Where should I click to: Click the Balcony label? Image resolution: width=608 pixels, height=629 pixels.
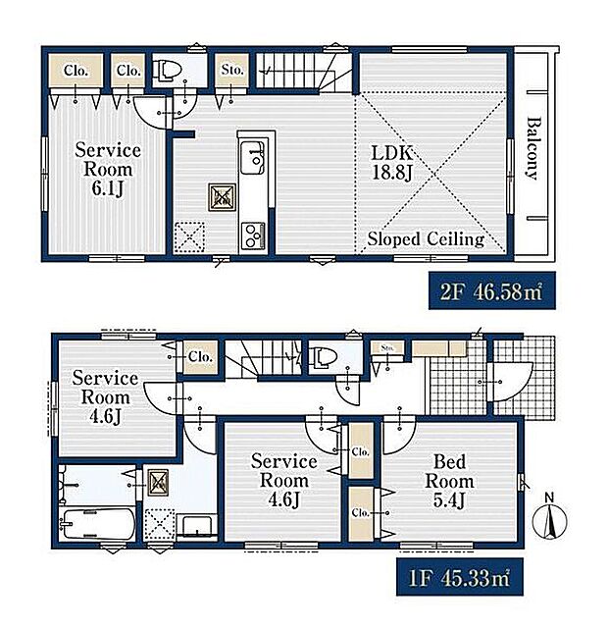click(x=532, y=148)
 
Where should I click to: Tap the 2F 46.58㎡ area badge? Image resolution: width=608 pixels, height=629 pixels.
click(x=491, y=290)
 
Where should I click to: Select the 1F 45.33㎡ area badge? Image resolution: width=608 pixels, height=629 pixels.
click(x=460, y=576)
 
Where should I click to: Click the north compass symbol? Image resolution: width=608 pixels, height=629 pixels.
click(x=549, y=519)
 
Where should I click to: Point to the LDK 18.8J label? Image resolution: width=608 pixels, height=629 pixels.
click(x=392, y=163)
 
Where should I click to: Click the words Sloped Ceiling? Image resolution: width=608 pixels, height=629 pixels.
click(x=426, y=239)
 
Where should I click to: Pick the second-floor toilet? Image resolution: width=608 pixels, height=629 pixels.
click(x=166, y=70)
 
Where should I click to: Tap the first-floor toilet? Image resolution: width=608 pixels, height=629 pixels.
click(x=322, y=356)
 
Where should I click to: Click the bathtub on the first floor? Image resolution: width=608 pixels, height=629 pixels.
click(x=97, y=524)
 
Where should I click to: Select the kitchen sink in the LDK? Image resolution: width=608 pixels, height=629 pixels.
click(x=252, y=157)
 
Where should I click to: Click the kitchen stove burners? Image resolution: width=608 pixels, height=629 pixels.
click(x=253, y=236)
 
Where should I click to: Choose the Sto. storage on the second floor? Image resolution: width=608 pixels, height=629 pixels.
click(x=232, y=71)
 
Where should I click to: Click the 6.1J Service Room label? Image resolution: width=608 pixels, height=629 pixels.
click(x=108, y=170)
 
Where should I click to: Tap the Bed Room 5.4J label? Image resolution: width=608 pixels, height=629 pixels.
click(x=449, y=481)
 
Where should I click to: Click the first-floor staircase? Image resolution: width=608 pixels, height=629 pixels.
click(x=263, y=358)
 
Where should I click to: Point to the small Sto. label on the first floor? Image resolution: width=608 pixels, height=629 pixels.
click(x=387, y=347)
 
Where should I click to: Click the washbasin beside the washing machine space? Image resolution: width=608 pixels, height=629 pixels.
click(x=197, y=526)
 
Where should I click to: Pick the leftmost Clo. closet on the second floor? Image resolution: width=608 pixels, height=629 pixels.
click(x=76, y=71)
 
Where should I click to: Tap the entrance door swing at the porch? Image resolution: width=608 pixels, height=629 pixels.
click(x=513, y=381)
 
